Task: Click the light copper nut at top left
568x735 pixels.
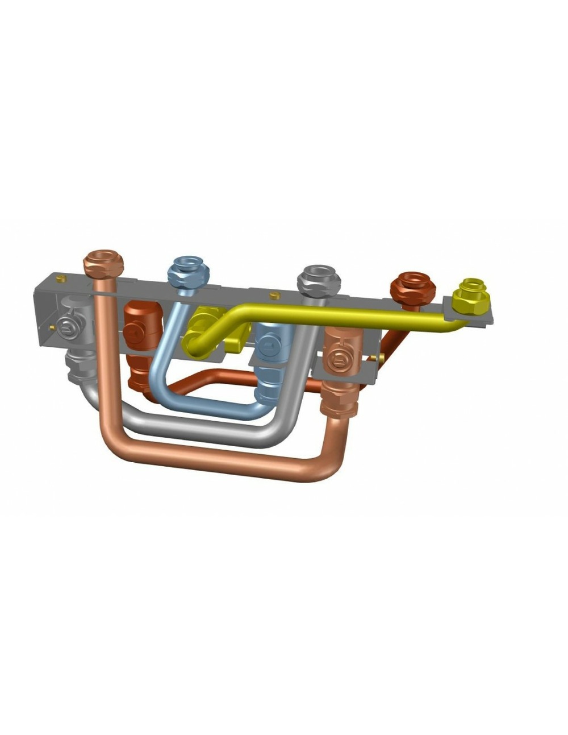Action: pyautogui.click(x=103, y=263)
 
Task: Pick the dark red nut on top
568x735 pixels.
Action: pyautogui.click(x=412, y=286)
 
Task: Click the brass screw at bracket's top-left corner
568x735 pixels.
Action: pyautogui.click(x=61, y=279)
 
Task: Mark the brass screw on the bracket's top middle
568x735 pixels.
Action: pyautogui.click(x=274, y=296)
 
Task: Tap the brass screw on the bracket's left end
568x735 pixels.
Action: pyautogui.click(x=52, y=327)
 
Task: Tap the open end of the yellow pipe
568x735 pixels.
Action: pyautogui.click(x=191, y=347)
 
